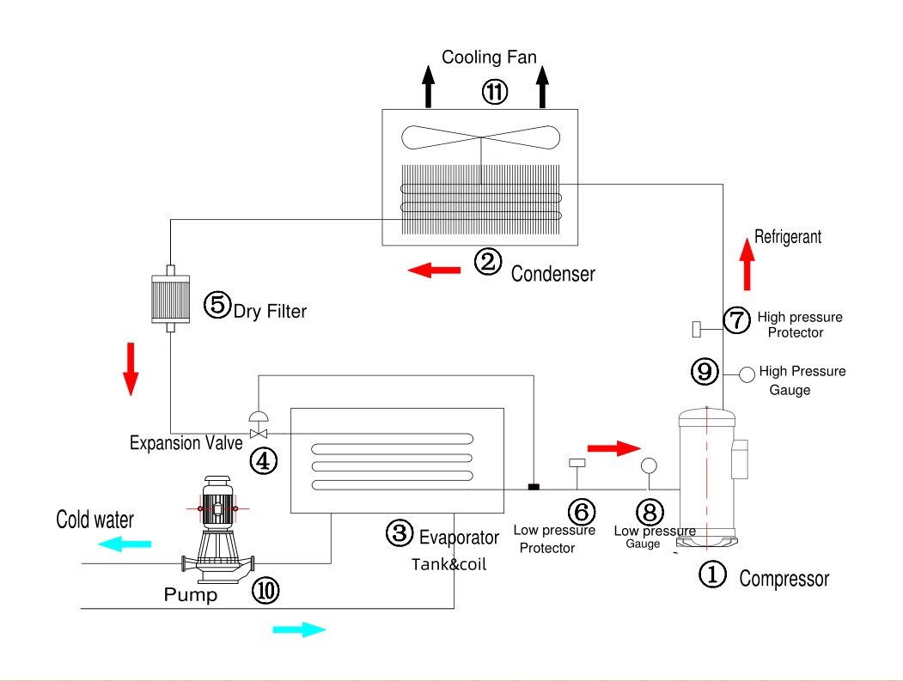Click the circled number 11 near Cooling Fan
click(495, 91)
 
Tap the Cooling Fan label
click(489, 58)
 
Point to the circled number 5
click(217, 304)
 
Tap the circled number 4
click(263, 460)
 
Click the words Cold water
click(95, 520)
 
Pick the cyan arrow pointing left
click(125, 544)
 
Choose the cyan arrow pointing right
click(299, 629)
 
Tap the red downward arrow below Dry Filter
click(131, 368)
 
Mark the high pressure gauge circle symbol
click(747, 374)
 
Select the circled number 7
click(736, 319)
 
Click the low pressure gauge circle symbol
click(649, 465)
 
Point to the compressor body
click(706, 477)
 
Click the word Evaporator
click(459, 538)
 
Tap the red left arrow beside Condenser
click(434, 271)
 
